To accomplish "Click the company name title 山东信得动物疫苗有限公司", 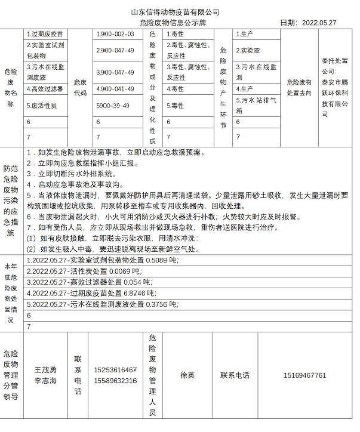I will (176, 12).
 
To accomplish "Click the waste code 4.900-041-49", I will (116, 89).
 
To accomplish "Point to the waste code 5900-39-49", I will (115, 106).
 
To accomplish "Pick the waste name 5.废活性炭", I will (42, 106).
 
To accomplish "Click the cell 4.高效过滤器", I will (45, 89).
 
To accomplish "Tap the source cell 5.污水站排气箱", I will (257, 105).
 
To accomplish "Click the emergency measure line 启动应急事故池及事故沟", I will (76, 184).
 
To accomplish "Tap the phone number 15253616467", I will (115, 370).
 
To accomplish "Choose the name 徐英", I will (187, 375).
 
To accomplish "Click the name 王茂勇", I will (45, 370).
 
